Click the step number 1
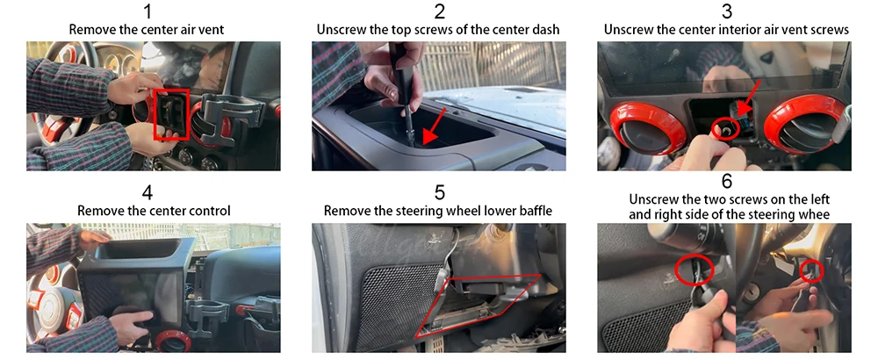[147, 11]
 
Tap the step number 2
[439, 11]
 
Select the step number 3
[726, 11]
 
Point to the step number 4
[148, 193]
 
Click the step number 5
[439, 193]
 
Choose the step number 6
[726, 182]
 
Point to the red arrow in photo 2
[435, 126]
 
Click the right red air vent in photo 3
[804, 125]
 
